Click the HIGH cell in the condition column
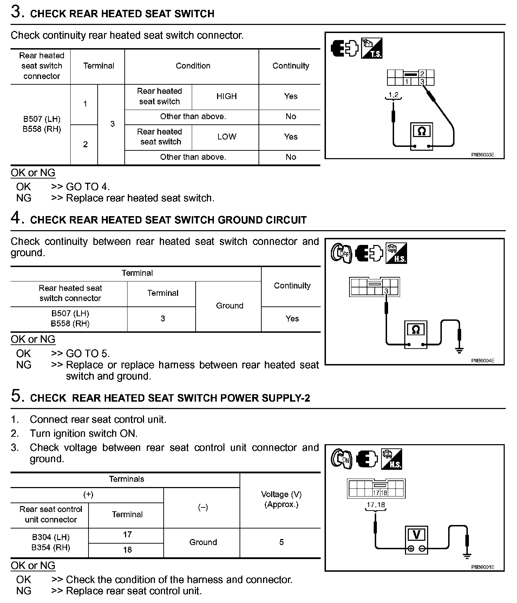[227, 96]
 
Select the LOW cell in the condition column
[227, 137]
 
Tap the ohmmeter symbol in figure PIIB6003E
[422, 132]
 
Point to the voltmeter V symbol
[416, 535]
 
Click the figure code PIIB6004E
[483, 361]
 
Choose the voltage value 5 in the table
[281, 542]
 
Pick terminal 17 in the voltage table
[127, 534]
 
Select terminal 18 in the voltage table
[127, 550]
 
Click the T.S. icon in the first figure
[372, 48]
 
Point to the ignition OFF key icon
[341, 253]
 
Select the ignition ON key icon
[341, 459]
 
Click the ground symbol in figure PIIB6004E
[459, 349]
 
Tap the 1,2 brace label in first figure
[393, 95]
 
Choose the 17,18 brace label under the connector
[376, 505]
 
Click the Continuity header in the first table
[291, 66]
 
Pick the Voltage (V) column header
[281, 494]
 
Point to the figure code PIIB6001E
[483, 567]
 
